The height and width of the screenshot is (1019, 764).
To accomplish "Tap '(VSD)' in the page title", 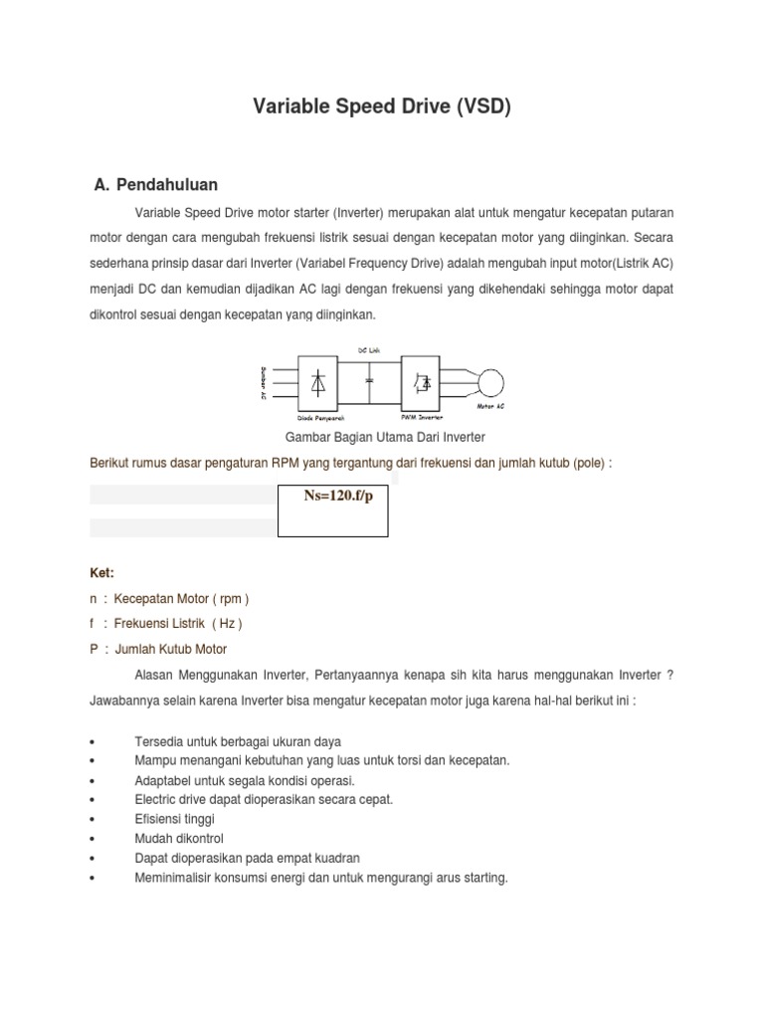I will pos(484,106).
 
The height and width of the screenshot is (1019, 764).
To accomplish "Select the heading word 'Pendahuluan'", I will pos(166,184).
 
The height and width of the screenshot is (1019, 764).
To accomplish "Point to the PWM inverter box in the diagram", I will pos(423,382).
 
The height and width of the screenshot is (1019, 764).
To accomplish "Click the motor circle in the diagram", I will pos(489,382).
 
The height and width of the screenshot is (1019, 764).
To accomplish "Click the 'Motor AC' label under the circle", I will pos(490,407).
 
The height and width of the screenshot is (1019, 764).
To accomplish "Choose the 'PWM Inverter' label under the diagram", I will pos(422,419).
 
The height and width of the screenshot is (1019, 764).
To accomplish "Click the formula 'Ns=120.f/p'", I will pos(333,497).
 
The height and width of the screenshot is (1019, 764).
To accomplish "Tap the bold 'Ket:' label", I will pos(102,573).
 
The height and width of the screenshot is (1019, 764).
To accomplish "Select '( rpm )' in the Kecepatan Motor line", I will pos(231,599).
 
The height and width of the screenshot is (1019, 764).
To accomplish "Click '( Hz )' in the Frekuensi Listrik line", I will pos(226,624).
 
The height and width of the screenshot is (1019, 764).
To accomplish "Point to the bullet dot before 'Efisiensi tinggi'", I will pos(92,819).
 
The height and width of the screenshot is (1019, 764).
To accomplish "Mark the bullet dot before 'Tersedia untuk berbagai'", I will pos(92,742).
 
